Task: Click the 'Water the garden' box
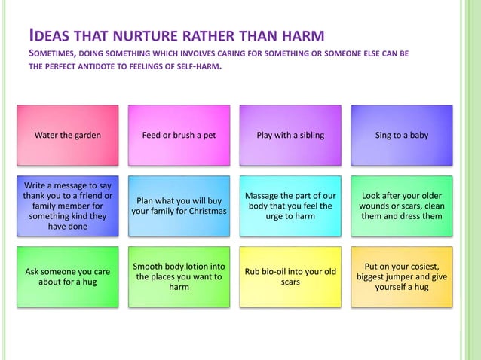click(68, 136)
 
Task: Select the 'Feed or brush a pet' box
click(179, 136)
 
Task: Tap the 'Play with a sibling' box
click(290, 136)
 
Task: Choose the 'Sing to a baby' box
click(402, 136)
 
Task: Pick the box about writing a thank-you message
click(68, 206)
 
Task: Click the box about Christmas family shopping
click(179, 206)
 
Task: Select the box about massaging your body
click(290, 206)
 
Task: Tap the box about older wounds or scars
click(402, 206)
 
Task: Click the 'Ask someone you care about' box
click(68, 276)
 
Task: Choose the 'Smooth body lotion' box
click(179, 276)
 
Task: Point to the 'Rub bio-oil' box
click(290, 276)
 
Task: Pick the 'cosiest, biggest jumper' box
click(402, 276)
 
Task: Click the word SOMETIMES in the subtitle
click(57, 54)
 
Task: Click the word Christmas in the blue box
click(203, 211)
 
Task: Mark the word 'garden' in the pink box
click(87, 136)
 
